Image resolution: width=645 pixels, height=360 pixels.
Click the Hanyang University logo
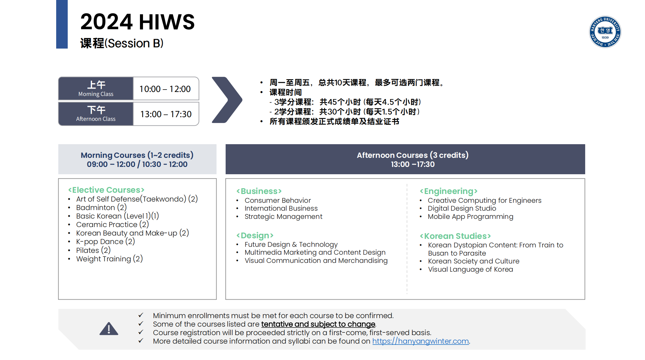(605, 32)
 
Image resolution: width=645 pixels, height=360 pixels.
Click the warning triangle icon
(109, 329)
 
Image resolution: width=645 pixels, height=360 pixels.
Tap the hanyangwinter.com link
(421, 341)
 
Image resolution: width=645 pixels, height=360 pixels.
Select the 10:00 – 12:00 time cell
(166, 89)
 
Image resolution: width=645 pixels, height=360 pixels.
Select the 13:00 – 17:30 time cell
(166, 114)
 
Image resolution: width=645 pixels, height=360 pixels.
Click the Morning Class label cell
(96, 89)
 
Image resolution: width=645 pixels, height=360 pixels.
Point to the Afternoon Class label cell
(96, 114)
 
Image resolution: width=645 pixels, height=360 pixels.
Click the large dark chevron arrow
(227, 100)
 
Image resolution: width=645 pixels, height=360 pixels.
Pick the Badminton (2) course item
(101, 208)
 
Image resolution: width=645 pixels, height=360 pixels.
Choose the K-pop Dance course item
(105, 242)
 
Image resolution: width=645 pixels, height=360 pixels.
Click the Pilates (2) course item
(93, 250)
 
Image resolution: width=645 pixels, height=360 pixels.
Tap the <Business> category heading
(259, 191)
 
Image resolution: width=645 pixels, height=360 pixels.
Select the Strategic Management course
(283, 217)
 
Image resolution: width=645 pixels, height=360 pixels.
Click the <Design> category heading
(255, 236)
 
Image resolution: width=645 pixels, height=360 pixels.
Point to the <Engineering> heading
(449, 191)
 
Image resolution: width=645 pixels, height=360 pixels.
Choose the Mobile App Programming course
(470, 217)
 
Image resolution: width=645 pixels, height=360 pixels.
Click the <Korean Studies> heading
(455, 236)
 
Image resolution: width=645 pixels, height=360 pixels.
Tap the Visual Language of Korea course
(470, 270)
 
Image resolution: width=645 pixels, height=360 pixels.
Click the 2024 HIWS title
(138, 22)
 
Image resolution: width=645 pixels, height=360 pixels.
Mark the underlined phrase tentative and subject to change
(318, 324)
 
